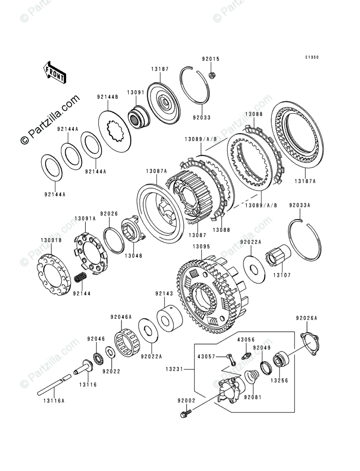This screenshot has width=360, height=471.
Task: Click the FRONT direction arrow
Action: click(x=55, y=72)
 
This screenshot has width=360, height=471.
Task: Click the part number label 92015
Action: click(x=211, y=59)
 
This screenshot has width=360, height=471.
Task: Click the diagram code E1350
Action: click(x=311, y=58)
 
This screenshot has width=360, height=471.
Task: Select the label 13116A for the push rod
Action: click(x=54, y=401)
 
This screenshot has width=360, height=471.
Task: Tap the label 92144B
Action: click(x=107, y=97)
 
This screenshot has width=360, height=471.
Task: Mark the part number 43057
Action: click(x=207, y=356)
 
